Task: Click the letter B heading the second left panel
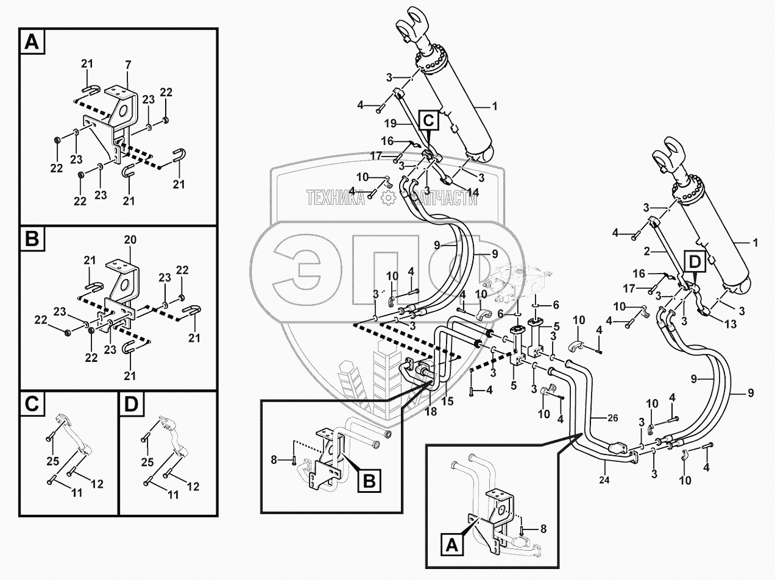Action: (x=32, y=239)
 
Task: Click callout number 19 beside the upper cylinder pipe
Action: (x=390, y=124)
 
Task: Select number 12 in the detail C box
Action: (x=97, y=484)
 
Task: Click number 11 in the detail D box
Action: (x=173, y=495)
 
